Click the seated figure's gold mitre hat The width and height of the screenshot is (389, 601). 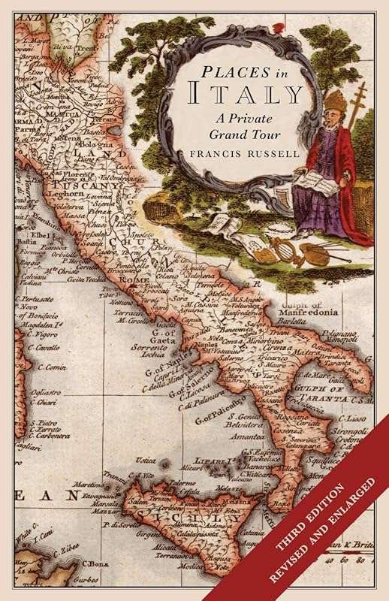[335, 101]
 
